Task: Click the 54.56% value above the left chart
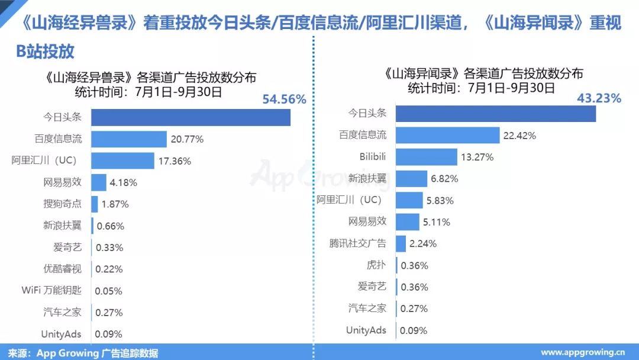(x=284, y=99)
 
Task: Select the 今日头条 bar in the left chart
(x=191, y=117)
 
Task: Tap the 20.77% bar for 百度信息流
(x=129, y=139)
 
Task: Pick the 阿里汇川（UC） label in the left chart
(x=44, y=160)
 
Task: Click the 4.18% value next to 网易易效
(x=123, y=182)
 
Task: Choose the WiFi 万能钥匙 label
(x=51, y=291)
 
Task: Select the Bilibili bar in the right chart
(x=426, y=157)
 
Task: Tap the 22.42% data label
(x=519, y=136)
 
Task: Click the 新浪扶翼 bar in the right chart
(x=411, y=179)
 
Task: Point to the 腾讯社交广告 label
(x=357, y=243)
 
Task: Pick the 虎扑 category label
(x=376, y=265)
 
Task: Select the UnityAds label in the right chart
(x=366, y=330)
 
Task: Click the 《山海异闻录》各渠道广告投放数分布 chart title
(x=483, y=74)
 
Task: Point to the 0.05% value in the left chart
(x=109, y=291)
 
